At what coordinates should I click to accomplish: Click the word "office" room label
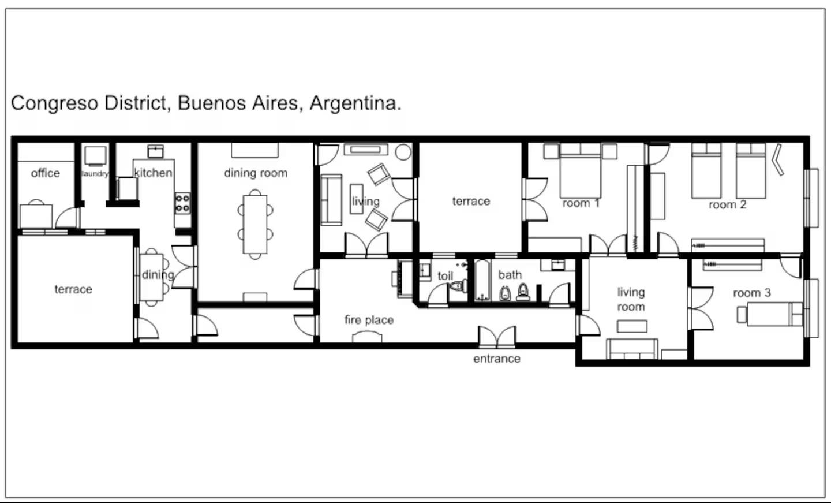point(45,173)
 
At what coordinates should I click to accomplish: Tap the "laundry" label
point(95,174)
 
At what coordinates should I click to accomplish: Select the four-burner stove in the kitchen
point(182,203)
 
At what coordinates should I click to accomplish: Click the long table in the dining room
point(255,224)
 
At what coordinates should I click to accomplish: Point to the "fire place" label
point(369,320)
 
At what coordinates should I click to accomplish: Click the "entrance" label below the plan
point(497,359)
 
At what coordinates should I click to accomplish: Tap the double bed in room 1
point(580,171)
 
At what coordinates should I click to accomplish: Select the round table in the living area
point(403,152)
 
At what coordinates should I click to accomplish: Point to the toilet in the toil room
point(459,286)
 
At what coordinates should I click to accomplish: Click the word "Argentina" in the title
point(355,103)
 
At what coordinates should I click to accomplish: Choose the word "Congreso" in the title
point(54,103)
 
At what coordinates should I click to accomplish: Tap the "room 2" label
point(727,205)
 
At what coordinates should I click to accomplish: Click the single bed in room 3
point(774,314)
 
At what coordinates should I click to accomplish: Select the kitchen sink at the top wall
point(155,151)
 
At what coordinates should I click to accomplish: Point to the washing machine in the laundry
point(95,156)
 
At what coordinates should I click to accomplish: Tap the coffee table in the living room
point(632,327)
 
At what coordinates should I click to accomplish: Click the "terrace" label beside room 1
point(471,201)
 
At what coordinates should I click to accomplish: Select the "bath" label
point(510,275)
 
